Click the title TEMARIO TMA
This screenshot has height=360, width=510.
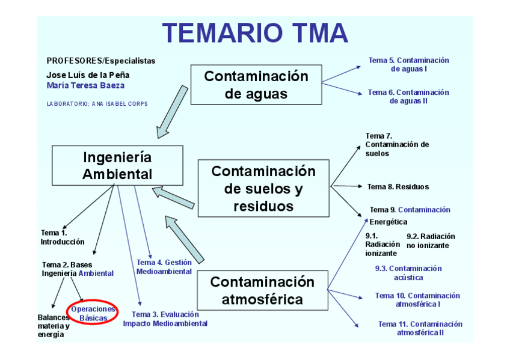pyautogui.click(x=255, y=33)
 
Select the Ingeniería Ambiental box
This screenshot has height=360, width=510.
pyautogui.click(x=117, y=166)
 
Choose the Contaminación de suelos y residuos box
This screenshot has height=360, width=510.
pyautogui.click(x=263, y=188)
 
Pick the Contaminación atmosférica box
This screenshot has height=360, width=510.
pyautogui.click(x=262, y=290)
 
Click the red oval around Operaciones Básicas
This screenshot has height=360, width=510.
pyautogui.click(x=93, y=313)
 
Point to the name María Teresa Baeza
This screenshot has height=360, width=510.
pyautogui.click(x=85, y=85)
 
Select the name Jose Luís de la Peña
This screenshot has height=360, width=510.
pyautogui.click(x=88, y=75)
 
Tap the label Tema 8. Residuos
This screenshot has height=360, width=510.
pyautogui.click(x=398, y=187)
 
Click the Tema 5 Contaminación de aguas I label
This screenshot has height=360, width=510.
pyautogui.click(x=408, y=64)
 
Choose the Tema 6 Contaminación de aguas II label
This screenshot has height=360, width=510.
pyautogui.click(x=408, y=96)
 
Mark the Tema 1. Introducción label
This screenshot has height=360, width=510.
pyautogui.click(x=63, y=237)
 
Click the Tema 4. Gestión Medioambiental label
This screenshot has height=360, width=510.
pyautogui.click(x=164, y=267)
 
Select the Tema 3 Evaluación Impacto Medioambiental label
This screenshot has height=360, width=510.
pyautogui.click(x=165, y=319)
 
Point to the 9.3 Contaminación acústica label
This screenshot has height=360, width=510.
pyautogui.click(x=408, y=273)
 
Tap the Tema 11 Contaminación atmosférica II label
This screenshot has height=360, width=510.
pyautogui.click(x=420, y=328)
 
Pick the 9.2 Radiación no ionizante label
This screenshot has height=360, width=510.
pyautogui.click(x=431, y=240)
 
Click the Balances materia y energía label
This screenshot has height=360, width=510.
pyautogui.click(x=54, y=326)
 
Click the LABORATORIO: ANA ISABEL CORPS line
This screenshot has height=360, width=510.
pyautogui.click(x=97, y=104)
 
